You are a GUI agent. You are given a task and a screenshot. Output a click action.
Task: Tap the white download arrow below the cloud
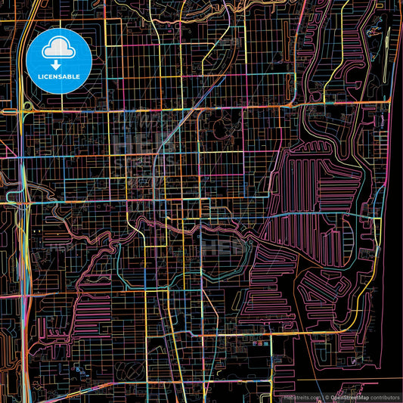58,64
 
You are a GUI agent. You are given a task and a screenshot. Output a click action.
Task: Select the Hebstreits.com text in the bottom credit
299,396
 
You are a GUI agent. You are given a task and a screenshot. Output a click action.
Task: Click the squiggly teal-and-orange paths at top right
374,30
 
